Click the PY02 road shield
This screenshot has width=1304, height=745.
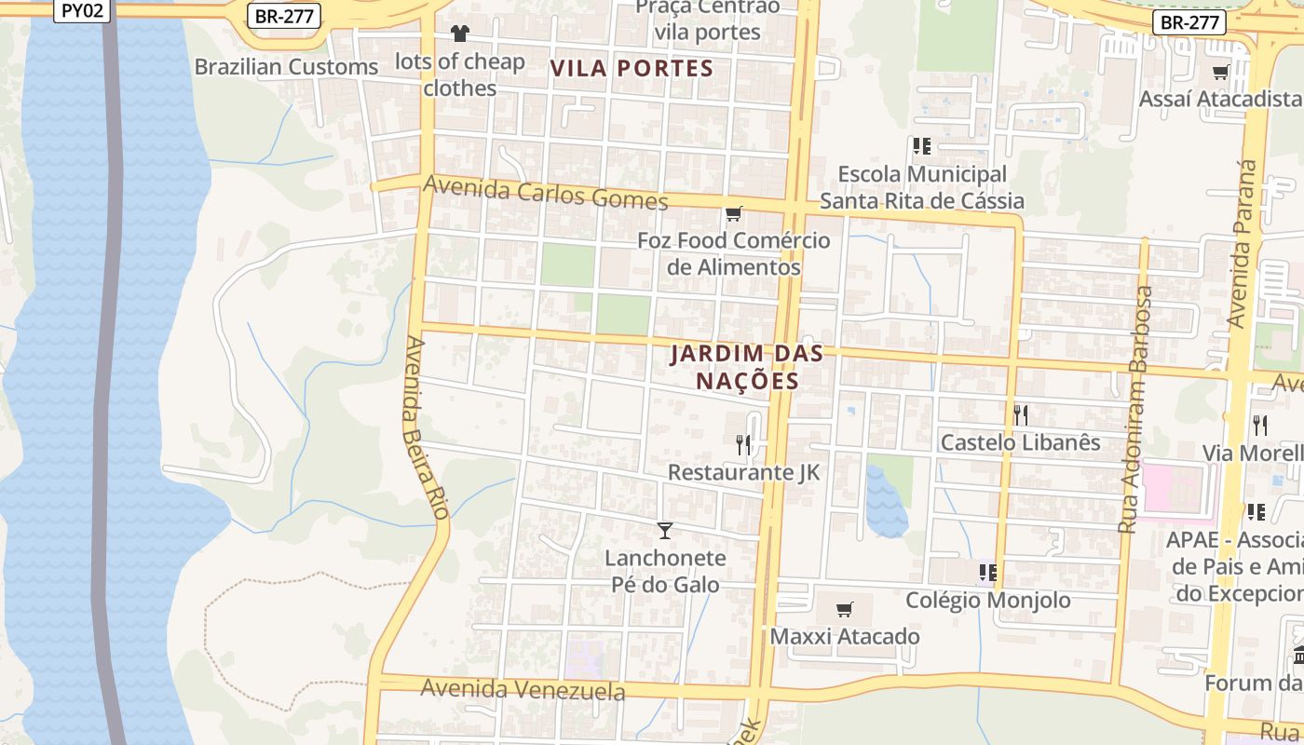(83, 10)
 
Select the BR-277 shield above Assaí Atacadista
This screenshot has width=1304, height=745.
(1189, 21)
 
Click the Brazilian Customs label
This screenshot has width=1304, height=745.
(286, 67)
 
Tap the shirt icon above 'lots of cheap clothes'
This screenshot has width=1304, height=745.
(460, 34)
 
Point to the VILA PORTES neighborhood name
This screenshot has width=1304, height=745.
(632, 68)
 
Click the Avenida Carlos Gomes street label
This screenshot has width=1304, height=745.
(545, 194)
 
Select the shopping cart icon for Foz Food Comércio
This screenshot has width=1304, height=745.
(734, 214)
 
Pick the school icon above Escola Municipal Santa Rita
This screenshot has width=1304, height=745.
(922, 146)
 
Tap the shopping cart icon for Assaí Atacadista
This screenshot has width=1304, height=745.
(1220, 72)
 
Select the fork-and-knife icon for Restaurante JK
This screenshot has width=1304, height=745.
(743, 444)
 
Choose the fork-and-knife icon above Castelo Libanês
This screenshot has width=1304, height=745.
(1021, 414)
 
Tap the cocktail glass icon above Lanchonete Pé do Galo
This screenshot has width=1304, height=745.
(664, 531)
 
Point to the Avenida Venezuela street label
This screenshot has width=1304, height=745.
(523, 690)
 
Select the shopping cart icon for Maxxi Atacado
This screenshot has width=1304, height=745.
(844, 609)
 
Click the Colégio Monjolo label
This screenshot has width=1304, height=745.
(988, 600)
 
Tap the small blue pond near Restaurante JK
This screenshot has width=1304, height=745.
(886, 503)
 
